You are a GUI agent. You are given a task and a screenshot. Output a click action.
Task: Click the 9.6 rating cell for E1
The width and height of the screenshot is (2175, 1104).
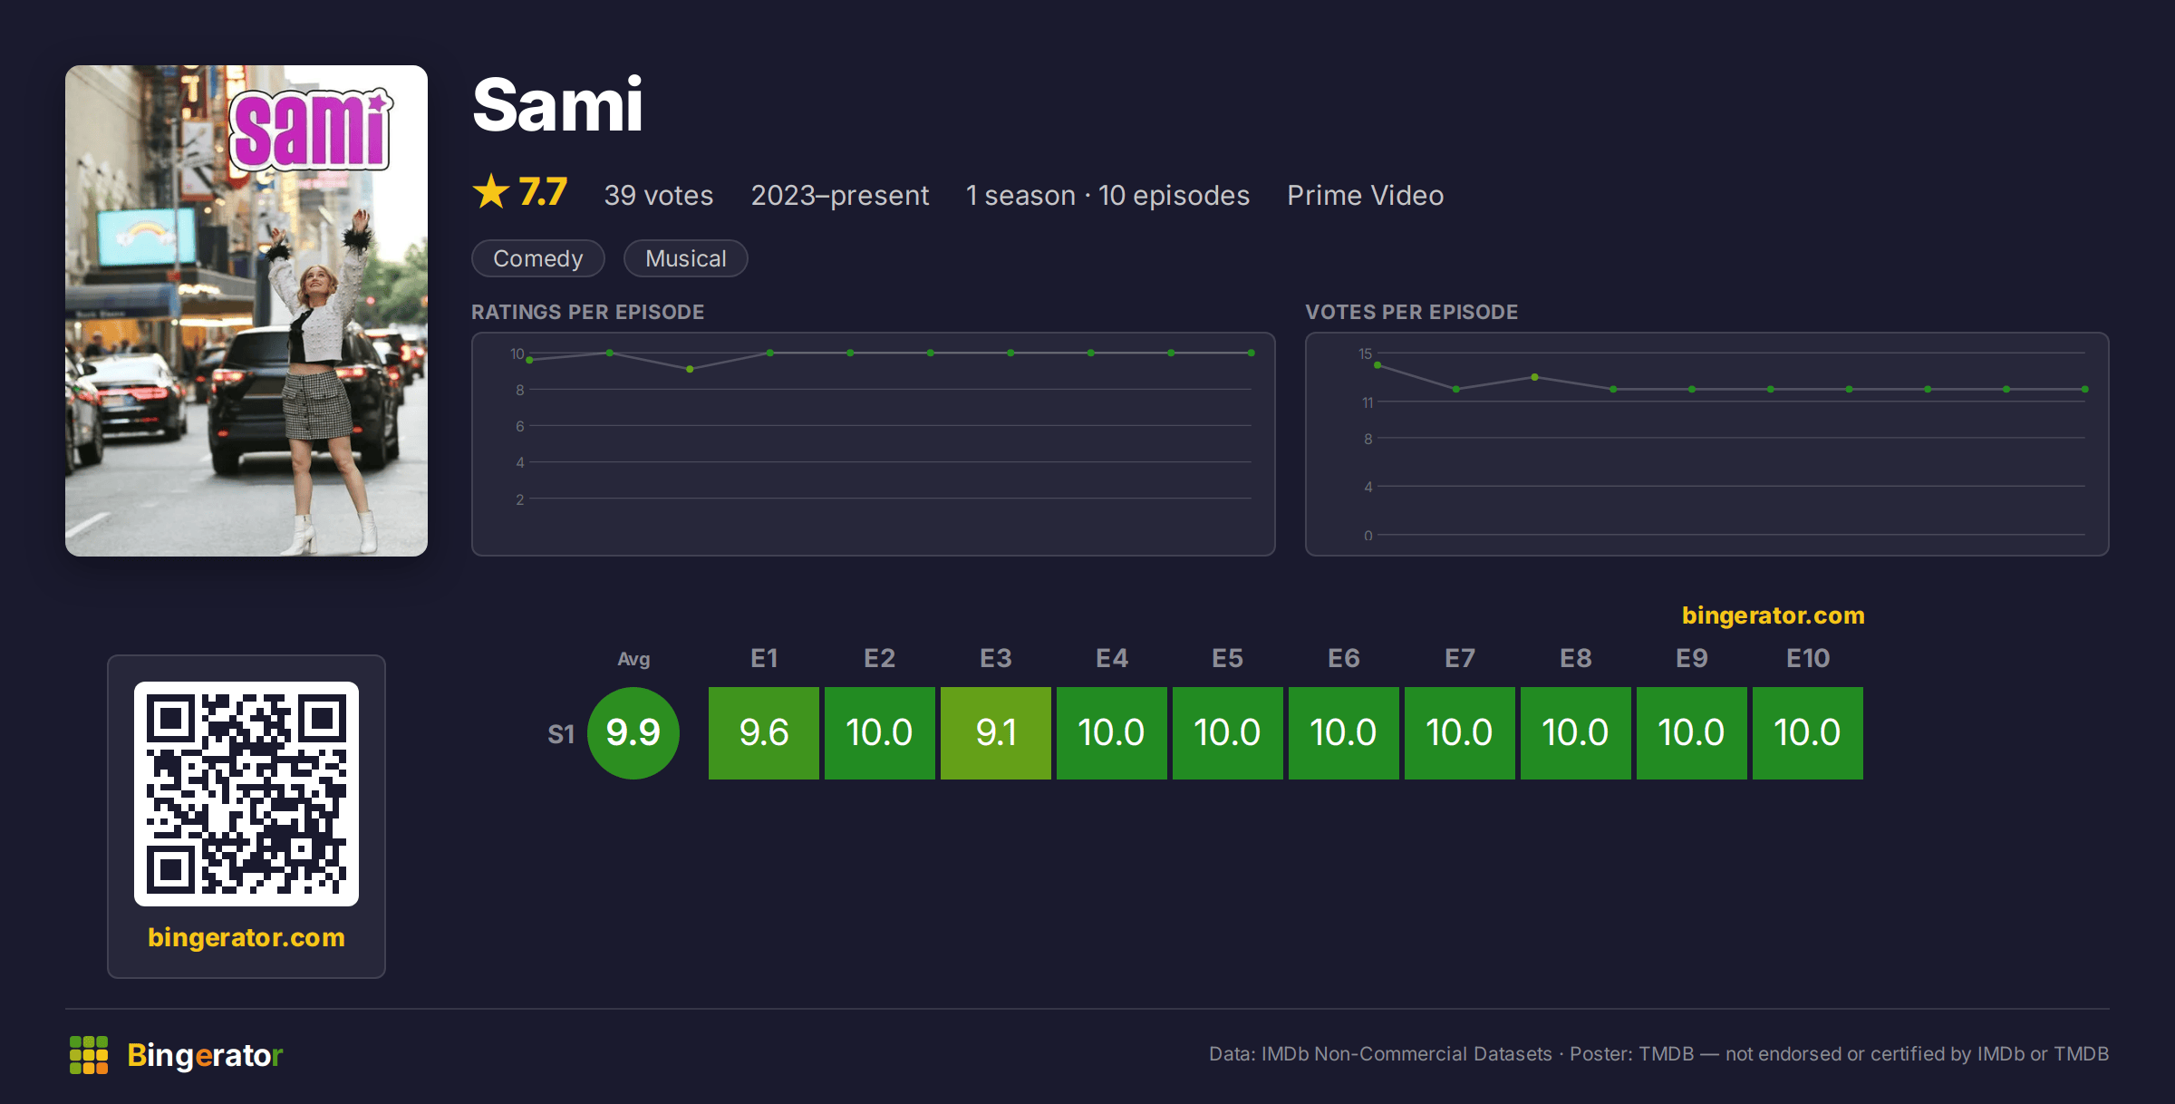coord(763,732)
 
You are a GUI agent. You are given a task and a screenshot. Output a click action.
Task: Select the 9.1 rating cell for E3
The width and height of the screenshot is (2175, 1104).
coord(995,732)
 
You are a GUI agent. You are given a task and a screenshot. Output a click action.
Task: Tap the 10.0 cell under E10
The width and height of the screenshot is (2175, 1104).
coord(1807,732)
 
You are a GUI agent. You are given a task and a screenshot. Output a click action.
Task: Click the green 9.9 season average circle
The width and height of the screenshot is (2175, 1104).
coord(633,732)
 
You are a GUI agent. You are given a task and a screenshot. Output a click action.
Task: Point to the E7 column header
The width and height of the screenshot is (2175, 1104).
coord(1459,658)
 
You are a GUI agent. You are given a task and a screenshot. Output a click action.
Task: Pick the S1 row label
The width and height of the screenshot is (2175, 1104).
coord(561,734)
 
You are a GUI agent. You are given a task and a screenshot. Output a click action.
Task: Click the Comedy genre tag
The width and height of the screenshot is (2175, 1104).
coord(537,258)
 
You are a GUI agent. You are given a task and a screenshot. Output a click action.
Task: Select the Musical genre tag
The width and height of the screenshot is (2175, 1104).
coord(685,258)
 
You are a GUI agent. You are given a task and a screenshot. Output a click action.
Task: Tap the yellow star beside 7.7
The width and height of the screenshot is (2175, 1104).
coord(491,191)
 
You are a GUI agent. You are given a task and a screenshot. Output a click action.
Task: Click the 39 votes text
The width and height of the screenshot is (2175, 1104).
coord(658,195)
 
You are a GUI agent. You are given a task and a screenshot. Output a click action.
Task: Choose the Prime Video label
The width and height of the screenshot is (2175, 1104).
coord(1365,195)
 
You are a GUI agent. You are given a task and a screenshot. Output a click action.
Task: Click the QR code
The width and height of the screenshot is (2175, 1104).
coord(246,794)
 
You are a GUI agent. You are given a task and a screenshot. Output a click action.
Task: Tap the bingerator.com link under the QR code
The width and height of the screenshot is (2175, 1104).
coord(246,937)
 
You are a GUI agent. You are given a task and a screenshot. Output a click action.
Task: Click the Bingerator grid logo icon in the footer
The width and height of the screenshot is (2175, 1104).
coord(89,1055)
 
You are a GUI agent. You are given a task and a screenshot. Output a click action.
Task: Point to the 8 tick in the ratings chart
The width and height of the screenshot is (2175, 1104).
coord(520,390)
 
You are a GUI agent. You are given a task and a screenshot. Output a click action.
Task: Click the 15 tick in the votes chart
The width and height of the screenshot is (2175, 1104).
coord(1365,353)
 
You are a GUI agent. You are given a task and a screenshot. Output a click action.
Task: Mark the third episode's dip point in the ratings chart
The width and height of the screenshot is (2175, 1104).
coord(690,369)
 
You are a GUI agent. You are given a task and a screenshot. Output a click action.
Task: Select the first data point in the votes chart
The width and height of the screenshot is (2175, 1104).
coord(1377,365)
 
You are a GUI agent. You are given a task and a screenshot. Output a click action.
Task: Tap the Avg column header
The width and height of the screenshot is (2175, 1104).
coord(633,659)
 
